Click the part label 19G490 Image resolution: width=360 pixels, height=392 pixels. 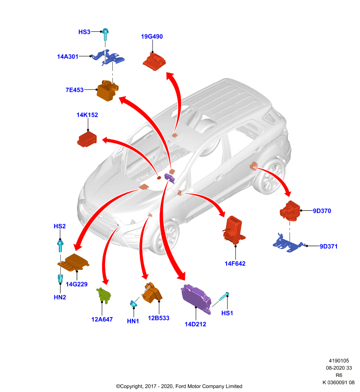pos(152,36)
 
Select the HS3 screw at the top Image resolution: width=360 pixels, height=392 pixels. pos(105,34)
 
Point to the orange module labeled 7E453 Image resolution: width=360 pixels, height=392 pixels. pos(107,90)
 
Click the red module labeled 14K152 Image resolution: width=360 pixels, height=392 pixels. pos(87,140)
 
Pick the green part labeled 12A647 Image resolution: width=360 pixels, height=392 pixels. pos(104,295)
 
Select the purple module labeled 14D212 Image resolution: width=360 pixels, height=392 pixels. pos(196,298)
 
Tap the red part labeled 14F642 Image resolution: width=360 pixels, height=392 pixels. pos(233,229)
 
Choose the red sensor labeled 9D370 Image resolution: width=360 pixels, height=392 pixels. pos(290,211)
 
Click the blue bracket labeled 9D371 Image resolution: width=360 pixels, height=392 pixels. pos(288,244)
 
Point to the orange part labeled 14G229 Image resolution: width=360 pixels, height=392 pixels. pos(73,262)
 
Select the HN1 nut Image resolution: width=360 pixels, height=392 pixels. pos(133,303)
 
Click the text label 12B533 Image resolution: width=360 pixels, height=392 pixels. pos(158,318)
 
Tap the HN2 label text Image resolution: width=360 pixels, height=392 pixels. pos(60,297)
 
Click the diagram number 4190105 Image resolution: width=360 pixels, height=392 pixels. pos(339,361)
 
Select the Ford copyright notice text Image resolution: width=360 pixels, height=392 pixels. pos(179,386)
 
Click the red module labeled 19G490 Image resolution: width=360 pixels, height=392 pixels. pos(154,62)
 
